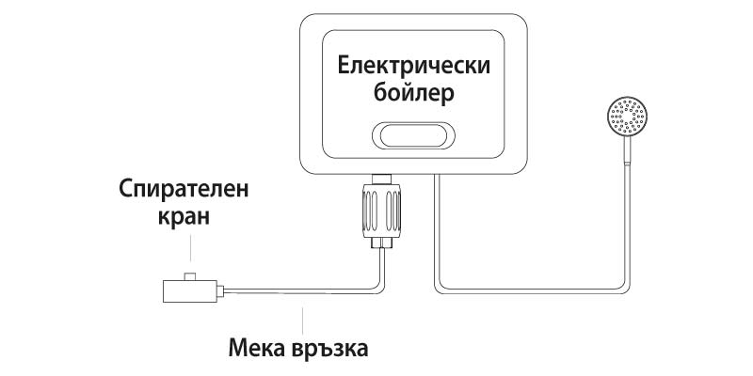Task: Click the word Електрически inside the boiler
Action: (412, 68)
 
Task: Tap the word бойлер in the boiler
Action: (412, 96)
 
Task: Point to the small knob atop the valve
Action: (189, 276)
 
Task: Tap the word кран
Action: (184, 218)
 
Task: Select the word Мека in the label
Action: (258, 348)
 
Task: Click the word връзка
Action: (328, 348)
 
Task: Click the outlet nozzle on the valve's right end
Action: (221, 290)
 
